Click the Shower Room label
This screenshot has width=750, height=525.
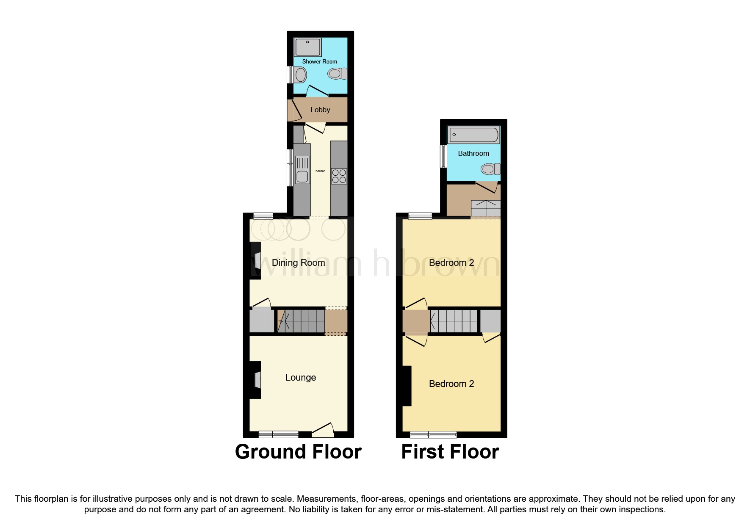(x=319, y=61)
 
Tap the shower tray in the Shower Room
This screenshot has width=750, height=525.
(x=308, y=47)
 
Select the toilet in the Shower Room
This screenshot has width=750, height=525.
(x=337, y=74)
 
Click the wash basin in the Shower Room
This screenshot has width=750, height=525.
(x=300, y=75)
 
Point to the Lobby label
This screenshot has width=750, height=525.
(x=320, y=110)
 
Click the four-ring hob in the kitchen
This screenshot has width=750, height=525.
(x=339, y=176)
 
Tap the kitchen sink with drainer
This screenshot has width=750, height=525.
(x=302, y=169)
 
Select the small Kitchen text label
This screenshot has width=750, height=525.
(x=320, y=171)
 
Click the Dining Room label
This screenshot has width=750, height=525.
(x=298, y=262)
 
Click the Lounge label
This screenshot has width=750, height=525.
(x=300, y=377)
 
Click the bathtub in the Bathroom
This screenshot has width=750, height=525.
(x=473, y=135)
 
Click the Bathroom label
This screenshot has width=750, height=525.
(x=473, y=153)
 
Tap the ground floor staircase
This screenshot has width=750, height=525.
(x=302, y=321)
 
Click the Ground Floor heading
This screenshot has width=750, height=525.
(x=298, y=452)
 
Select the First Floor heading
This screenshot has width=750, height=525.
(x=450, y=452)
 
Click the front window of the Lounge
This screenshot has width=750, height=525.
(x=278, y=434)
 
